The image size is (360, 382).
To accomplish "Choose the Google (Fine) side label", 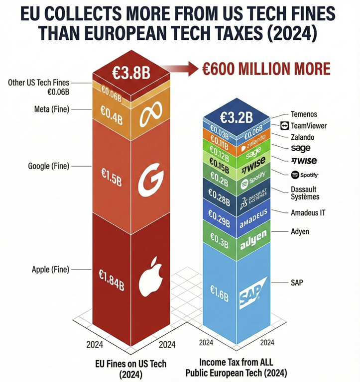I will pos(49,166).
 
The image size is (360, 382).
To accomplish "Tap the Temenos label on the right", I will pos(304,114).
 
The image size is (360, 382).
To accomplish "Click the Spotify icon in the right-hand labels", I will pos(294,175).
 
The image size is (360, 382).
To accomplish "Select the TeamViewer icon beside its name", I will pos(285,126).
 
